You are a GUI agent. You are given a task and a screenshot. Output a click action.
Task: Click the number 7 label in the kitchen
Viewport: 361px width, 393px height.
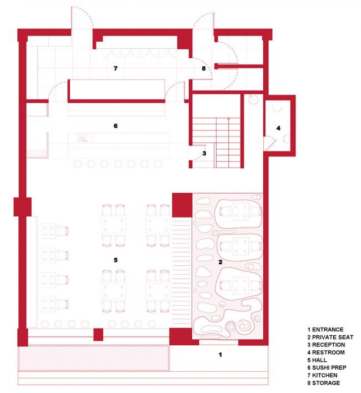[x=116, y=68]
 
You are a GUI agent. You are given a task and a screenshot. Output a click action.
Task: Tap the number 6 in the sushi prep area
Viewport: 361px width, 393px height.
[x=116, y=126]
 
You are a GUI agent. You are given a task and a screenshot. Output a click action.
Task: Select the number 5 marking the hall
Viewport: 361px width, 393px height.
[x=116, y=260]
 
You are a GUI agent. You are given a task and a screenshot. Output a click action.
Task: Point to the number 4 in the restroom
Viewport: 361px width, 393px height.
[x=278, y=128]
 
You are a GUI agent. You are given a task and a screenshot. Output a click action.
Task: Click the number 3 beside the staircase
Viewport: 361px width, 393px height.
[x=204, y=153]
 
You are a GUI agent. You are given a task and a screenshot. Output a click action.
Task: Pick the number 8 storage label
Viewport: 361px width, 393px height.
[x=204, y=68]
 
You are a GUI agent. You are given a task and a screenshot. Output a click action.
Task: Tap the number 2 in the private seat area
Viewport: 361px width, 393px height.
[x=220, y=262]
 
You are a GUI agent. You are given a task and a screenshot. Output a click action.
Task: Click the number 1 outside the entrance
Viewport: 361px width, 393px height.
[x=220, y=355]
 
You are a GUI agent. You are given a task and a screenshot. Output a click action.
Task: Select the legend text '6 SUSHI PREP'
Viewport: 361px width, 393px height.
[x=327, y=367]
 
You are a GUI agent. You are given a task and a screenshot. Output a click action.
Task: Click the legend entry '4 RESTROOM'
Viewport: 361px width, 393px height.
[x=326, y=352]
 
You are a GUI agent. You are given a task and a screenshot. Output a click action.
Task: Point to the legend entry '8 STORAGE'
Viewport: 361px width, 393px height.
[x=324, y=383]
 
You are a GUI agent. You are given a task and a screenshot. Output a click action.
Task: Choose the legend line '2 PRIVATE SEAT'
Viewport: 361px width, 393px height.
[x=330, y=337]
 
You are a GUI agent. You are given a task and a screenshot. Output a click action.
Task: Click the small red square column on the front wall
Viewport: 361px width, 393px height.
[x=98, y=334]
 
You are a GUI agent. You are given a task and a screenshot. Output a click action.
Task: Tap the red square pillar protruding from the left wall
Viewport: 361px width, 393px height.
[x=23, y=207]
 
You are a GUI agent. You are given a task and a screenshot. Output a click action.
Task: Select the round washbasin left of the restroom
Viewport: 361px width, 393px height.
[x=253, y=99]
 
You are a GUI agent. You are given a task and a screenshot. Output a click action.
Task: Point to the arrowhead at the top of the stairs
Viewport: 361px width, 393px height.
[x=228, y=119]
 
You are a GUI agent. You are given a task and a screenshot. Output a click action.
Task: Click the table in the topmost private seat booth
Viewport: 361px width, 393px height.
[x=240, y=211]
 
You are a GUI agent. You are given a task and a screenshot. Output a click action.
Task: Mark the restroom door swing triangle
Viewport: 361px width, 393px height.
[x=269, y=143]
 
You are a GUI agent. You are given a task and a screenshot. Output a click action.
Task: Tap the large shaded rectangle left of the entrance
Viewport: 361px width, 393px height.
[x=94, y=358]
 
